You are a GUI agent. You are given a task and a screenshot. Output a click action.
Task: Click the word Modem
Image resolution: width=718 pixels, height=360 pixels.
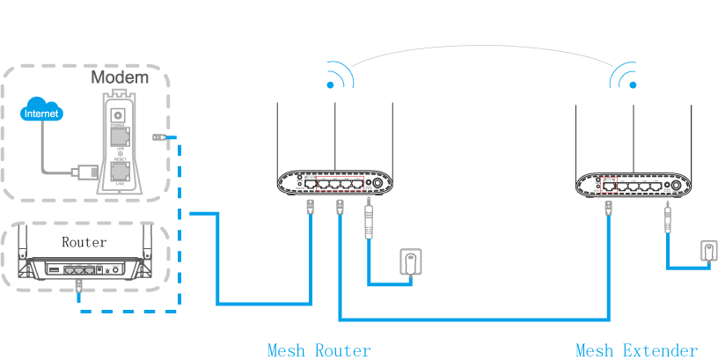tap(120, 77)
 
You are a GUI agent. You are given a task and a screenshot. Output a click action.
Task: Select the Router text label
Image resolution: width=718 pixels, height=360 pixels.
tap(84, 241)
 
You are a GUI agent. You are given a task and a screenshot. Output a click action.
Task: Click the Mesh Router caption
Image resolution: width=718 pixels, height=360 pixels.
tap(319, 350)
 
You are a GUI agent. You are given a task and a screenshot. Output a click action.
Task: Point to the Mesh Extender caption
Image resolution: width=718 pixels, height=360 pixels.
tap(636, 350)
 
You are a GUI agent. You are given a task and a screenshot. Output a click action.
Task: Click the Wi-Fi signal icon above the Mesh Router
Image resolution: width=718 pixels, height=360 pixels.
tap(336, 77)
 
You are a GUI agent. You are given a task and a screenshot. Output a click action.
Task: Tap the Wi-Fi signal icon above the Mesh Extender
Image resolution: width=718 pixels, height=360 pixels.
tap(624, 77)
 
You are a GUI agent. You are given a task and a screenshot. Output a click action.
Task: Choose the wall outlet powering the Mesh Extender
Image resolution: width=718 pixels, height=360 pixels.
tap(709, 250)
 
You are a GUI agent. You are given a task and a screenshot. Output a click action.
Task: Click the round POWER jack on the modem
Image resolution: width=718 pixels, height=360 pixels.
tap(117, 114)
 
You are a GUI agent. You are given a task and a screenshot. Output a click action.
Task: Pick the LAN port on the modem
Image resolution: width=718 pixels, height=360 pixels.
tap(117, 136)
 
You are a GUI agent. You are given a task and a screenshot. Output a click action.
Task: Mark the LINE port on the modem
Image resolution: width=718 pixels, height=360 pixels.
tap(117, 171)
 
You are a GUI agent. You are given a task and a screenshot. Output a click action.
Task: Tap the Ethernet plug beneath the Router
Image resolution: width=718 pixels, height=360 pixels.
tap(79, 285)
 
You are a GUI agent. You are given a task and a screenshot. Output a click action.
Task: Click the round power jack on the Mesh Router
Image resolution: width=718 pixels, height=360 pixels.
tap(378, 184)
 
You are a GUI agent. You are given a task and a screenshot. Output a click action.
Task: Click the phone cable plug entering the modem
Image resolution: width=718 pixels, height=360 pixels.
tap(88, 169)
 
